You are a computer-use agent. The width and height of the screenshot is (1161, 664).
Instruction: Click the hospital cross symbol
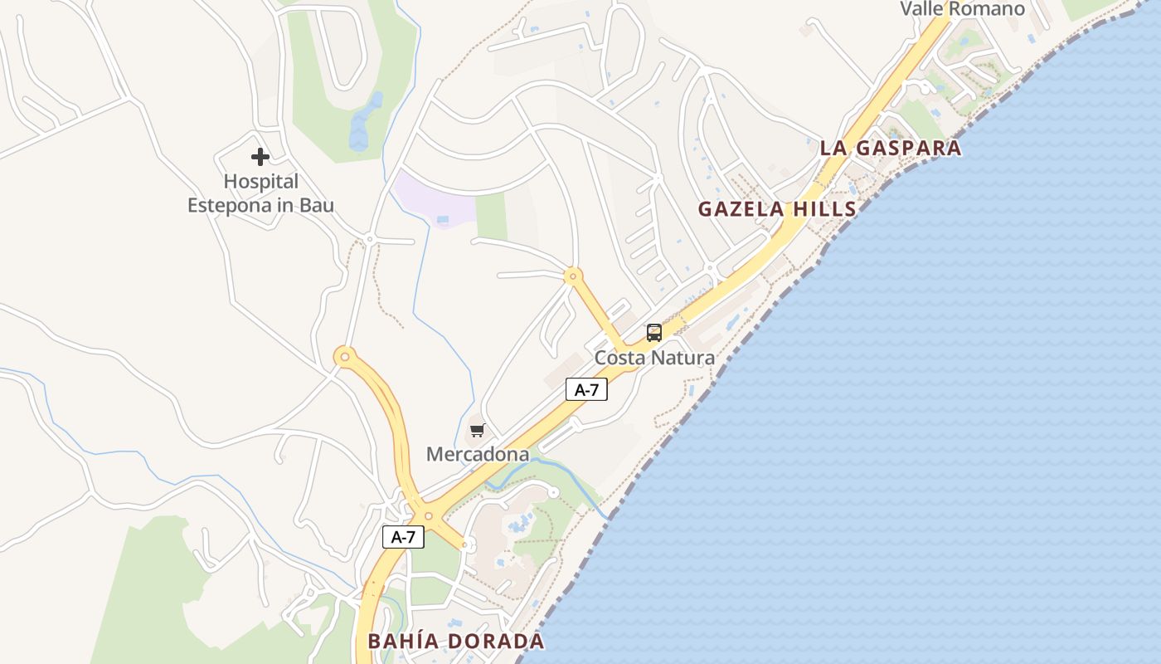(260, 156)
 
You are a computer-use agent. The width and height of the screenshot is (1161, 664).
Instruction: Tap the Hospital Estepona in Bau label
(260, 193)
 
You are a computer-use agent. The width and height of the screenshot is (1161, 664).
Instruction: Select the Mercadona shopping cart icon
(477, 430)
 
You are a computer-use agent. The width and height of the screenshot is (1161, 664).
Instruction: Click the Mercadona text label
(477, 454)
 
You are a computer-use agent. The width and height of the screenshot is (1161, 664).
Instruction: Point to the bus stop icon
(654, 333)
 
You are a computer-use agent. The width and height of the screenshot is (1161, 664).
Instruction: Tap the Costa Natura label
(654, 358)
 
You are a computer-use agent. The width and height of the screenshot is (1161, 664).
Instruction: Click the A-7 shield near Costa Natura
(586, 388)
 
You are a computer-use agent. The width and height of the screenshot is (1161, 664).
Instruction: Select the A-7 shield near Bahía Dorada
(403, 537)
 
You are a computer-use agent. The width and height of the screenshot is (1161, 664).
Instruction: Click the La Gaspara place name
(891, 149)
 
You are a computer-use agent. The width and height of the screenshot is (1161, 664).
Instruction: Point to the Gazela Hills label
(776, 208)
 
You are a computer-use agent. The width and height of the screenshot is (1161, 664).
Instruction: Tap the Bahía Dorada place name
(456, 641)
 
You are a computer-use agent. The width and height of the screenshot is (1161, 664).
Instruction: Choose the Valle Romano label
(962, 9)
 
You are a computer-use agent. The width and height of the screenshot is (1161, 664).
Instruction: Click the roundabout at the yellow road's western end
(345, 357)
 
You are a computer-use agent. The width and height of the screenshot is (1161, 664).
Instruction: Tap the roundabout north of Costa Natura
(572, 275)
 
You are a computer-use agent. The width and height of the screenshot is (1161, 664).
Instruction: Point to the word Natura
(683, 358)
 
